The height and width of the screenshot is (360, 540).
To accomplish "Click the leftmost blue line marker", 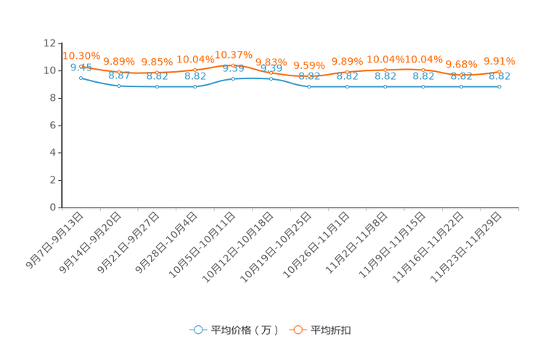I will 81,77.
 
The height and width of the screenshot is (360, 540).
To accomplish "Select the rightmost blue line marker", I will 499,86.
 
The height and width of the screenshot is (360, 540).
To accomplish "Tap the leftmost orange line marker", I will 81,65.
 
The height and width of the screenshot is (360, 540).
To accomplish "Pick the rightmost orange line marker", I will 499,71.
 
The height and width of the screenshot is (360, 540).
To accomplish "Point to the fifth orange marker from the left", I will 232,65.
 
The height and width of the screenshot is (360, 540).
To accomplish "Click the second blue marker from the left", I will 119,86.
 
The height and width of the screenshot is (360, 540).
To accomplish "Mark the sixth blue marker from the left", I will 271,78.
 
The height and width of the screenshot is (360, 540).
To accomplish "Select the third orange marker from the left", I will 157,72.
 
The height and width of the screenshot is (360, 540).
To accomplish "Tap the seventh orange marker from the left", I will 309,75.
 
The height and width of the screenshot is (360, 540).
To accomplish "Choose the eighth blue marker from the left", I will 347,86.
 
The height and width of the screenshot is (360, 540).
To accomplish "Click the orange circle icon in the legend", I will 298,330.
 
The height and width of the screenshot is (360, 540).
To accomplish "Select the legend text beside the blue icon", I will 244,330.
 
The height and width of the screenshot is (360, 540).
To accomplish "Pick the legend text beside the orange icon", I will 332,330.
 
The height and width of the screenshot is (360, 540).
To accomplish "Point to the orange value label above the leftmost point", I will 81,55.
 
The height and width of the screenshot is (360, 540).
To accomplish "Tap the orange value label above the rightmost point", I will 499,60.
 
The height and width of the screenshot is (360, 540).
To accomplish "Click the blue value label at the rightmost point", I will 499,75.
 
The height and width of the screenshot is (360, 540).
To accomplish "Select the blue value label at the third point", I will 157,76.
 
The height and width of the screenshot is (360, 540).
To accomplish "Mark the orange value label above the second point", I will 118,61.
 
